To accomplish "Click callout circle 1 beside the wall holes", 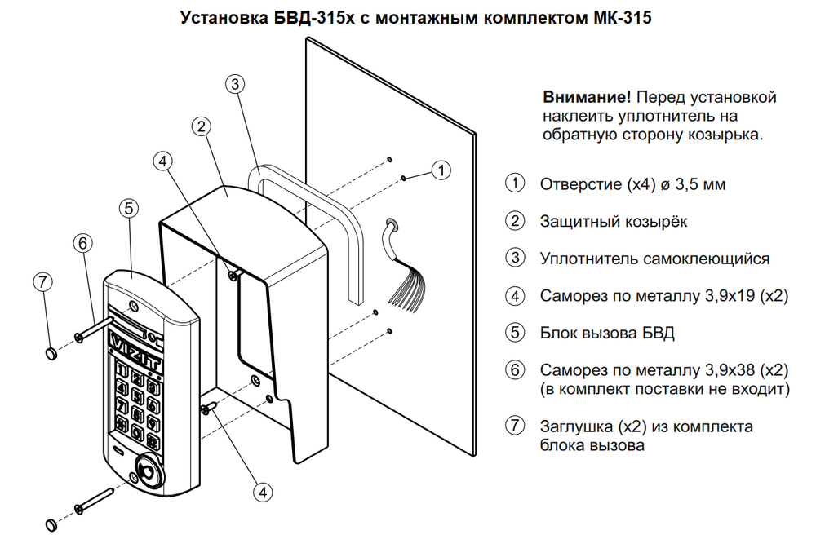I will coord(441,170).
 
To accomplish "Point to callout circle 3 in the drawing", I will coord(234,84).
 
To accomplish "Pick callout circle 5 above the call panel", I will coord(128,209).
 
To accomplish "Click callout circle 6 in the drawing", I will coord(82,242).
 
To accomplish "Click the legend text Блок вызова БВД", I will coord(607,333).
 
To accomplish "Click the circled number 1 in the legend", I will coord(514,183).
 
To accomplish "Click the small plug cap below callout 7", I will coord(50,352).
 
